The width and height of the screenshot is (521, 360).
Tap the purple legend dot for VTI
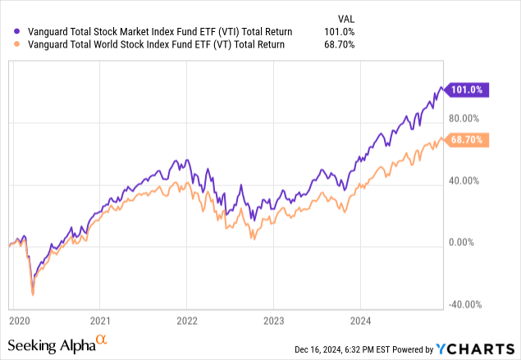[x=8, y=32]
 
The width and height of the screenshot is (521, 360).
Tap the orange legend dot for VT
[x=8, y=45]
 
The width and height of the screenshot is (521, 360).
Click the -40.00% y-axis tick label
[x=464, y=304]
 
